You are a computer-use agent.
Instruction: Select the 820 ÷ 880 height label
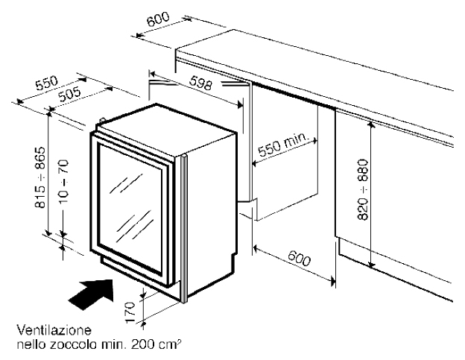pyautogui.click(x=363, y=191)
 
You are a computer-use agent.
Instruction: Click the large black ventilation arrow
pyautogui.click(x=89, y=292)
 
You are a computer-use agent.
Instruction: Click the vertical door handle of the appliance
pyautogui.click(x=180, y=224)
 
